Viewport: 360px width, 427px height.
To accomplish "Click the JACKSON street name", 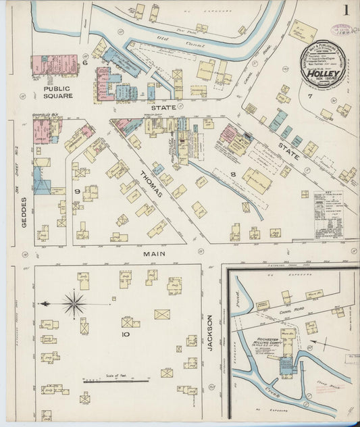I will point(210,332).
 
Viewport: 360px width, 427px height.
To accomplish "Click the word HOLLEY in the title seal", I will point(319,68).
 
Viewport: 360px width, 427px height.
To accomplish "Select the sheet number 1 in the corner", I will point(346,11).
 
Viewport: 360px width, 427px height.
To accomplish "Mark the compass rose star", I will point(74,303).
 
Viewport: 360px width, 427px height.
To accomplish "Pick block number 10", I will point(126,334).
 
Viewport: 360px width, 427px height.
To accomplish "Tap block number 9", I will point(77,192).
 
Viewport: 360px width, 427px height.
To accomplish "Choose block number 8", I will point(232,174).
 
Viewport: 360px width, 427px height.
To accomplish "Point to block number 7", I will point(310,96).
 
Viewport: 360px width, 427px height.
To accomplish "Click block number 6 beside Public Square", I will point(85,63).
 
